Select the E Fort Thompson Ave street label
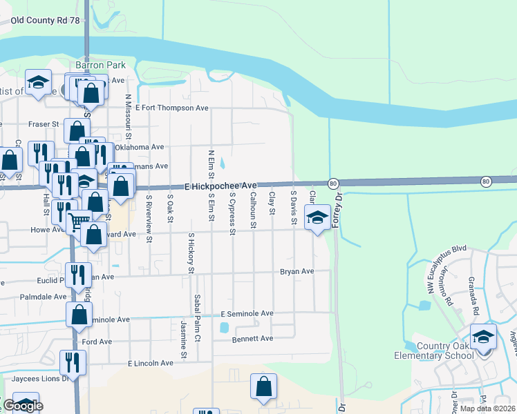coord(172,108)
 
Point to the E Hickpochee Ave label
coord(221,186)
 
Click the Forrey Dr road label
coord(338,207)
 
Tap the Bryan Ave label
coord(297,272)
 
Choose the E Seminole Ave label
coord(247,313)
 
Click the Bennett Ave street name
coord(252,339)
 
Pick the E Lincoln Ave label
coord(150,363)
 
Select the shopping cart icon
coord(79,221)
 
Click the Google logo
coord(23,406)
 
